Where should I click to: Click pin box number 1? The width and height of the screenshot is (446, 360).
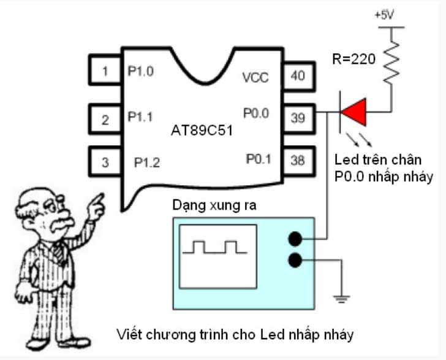tap(105, 71)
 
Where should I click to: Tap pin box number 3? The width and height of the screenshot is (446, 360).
tap(105, 163)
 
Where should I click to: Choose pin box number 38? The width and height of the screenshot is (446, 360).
tap(298, 161)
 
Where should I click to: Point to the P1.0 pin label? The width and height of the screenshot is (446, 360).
tap(140, 71)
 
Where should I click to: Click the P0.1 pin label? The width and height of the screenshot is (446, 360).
tap(259, 159)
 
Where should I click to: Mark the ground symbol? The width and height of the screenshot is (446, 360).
tap(342, 299)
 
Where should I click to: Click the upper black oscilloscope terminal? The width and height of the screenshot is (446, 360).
tap(296, 239)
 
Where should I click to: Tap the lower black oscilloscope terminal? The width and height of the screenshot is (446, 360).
tap(296, 261)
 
